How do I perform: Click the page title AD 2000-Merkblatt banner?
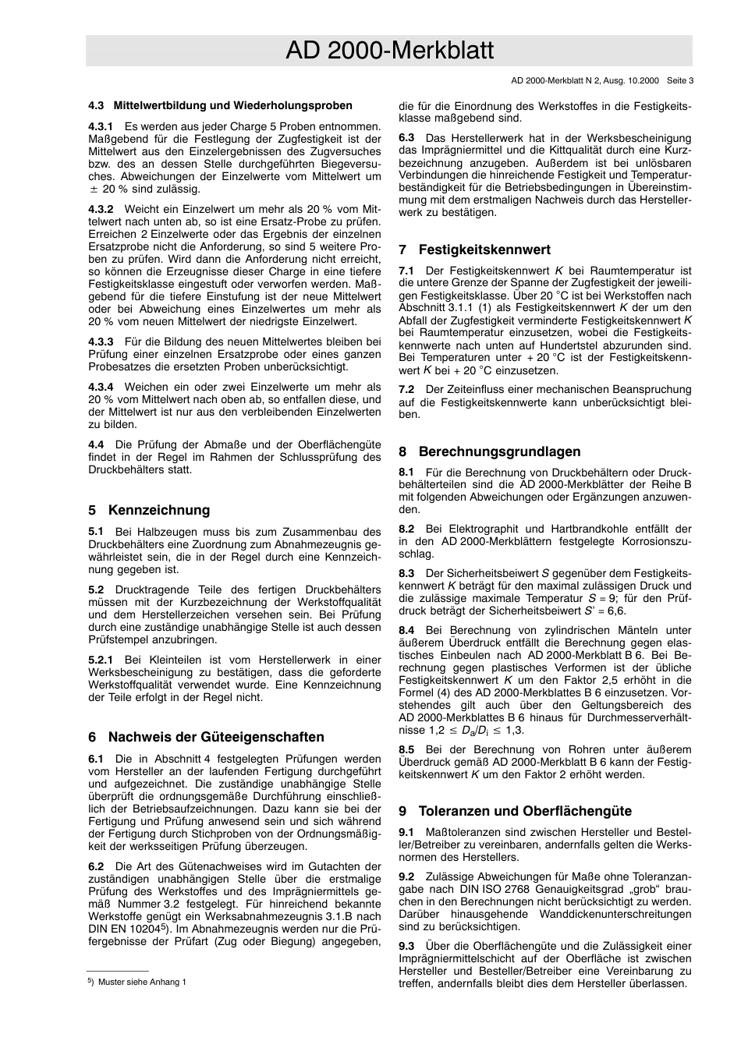click(x=389, y=51)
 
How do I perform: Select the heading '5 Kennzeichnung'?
click(x=149, y=511)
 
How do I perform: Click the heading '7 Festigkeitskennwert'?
click(x=474, y=250)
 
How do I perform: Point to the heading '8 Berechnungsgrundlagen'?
click(x=489, y=451)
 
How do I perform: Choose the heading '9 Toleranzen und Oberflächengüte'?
click(x=515, y=811)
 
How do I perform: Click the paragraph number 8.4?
click(x=406, y=630)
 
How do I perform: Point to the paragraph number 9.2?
click(x=406, y=877)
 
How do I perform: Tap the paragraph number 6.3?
click(x=406, y=138)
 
